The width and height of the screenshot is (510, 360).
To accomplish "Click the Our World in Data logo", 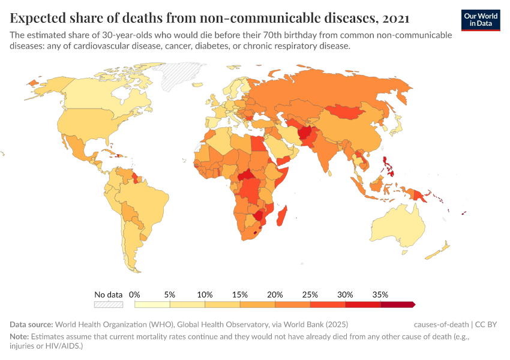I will [481, 20].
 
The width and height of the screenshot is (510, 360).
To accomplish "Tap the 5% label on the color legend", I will [170, 295].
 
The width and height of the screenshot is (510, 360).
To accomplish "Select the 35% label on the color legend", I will [380, 295].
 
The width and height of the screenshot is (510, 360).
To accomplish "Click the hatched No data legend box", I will [108, 304].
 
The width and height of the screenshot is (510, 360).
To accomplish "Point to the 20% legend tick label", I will [275, 295].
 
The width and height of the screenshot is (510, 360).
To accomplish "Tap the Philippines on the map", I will [391, 165].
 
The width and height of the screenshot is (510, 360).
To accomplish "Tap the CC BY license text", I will [486, 325].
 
